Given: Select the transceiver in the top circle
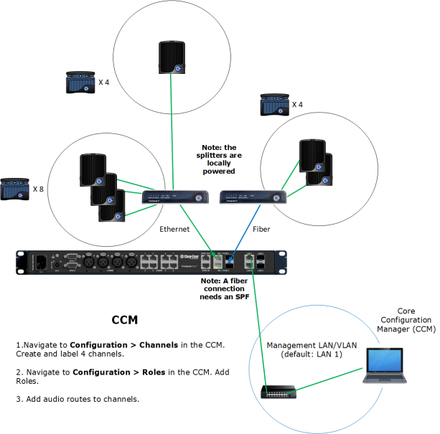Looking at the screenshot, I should coord(172,57).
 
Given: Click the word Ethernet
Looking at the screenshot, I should coord(174,230).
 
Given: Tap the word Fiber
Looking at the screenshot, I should coord(262,230).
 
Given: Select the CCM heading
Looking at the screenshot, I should coord(125,319).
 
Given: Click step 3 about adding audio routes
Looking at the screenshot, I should coord(77,399).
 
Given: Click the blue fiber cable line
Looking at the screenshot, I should coord(243,230).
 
